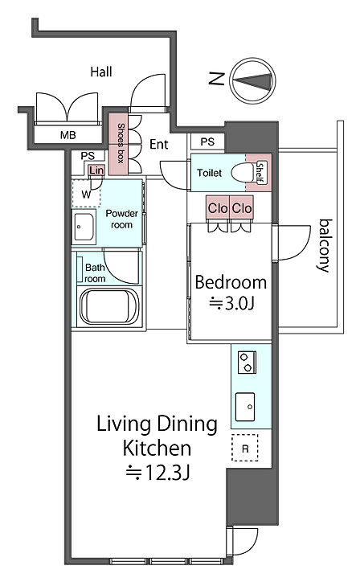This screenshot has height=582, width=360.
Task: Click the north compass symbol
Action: click(x=253, y=80)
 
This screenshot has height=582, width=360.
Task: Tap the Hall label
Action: click(x=101, y=72)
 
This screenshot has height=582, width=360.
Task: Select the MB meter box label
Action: click(x=68, y=135)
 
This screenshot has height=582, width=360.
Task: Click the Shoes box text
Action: click(x=121, y=143)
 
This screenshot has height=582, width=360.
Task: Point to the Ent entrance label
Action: click(x=159, y=144)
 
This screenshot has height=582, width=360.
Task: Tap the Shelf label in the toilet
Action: click(x=260, y=173)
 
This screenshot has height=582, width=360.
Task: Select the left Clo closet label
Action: click(x=218, y=208)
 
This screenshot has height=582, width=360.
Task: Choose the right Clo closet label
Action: click(x=242, y=208)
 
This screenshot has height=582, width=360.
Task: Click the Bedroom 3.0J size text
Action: click(x=231, y=304)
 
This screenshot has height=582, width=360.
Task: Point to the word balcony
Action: click(x=325, y=246)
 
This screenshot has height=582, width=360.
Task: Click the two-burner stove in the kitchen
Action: click(x=247, y=363)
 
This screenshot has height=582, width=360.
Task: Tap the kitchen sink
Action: click(x=245, y=407)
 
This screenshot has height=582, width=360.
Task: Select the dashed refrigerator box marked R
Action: click(x=245, y=448)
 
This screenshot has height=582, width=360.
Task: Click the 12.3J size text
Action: click(x=157, y=473)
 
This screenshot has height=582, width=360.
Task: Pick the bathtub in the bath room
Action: click(x=109, y=307)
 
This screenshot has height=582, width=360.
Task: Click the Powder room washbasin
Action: click(x=84, y=227)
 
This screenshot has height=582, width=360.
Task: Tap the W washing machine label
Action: click(x=86, y=194)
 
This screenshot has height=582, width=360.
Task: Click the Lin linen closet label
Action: click(x=96, y=170)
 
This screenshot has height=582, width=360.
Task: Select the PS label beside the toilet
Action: click(x=207, y=141)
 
